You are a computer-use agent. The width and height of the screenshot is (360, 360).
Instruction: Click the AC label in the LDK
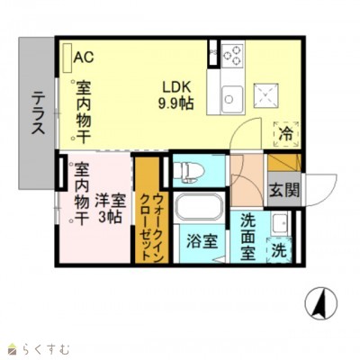point(84,57)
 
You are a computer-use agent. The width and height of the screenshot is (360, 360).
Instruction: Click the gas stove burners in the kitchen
point(231,55)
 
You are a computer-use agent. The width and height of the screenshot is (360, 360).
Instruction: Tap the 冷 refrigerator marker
point(284,135)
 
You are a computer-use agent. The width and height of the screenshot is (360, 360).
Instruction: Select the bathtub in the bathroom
point(198,208)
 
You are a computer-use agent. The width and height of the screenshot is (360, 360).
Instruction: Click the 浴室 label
point(201,241)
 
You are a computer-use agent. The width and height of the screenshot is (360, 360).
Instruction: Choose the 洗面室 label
point(248,235)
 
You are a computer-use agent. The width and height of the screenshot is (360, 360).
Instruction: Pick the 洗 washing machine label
point(280,247)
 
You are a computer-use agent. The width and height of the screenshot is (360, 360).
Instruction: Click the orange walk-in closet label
point(145,211)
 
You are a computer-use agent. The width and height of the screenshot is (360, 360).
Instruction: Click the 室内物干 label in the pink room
point(79,193)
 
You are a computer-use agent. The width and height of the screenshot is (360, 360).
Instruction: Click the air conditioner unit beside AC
point(65,57)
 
